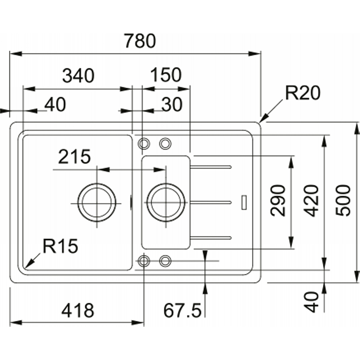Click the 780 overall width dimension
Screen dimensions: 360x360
(140, 41)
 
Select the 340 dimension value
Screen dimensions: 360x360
(78, 76)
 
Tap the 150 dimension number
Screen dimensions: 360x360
(166, 75)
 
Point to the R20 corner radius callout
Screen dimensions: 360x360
(302, 93)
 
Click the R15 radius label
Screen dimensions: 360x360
(60, 246)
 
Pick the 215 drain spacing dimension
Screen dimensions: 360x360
(74, 157)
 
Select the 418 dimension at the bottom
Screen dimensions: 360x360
(78, 310)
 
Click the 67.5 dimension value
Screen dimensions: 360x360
(182, 310)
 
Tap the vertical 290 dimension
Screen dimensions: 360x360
(278, 201)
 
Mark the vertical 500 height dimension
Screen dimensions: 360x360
(343, 201)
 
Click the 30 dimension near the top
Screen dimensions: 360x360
(172, 104)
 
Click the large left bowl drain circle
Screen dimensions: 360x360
(97, 203)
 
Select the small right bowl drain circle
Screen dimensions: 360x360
(166, 203)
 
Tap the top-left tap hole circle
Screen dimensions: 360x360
(144, 144)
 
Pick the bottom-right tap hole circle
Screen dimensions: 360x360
(165, 261)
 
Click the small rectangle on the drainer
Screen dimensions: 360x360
(244, 202)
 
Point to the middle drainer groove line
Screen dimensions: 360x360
(210, 202)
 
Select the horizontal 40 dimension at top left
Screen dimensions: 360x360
(55, 104)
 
